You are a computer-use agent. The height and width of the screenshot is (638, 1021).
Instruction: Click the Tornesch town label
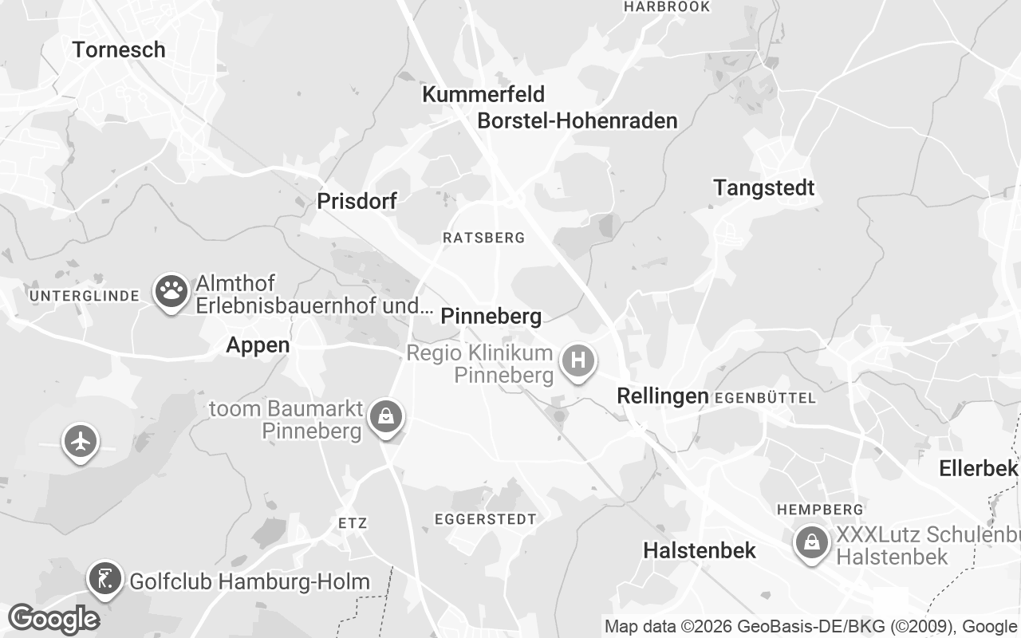119,49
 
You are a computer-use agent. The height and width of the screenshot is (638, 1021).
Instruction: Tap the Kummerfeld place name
483,94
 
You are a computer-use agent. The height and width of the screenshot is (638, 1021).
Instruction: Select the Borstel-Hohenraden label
578,120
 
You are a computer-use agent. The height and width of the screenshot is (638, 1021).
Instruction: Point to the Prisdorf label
357,201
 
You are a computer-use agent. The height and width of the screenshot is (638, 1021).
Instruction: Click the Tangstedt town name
764,188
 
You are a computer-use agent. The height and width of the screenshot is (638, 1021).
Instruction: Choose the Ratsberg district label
483,238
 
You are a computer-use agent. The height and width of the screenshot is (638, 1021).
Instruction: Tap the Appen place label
258,345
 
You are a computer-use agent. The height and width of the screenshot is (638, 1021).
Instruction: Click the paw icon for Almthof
171,292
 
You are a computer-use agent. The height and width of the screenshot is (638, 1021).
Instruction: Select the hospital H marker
578,360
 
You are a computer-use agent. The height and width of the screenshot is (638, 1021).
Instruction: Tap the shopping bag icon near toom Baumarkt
386,416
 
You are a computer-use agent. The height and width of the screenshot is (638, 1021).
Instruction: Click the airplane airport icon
81,440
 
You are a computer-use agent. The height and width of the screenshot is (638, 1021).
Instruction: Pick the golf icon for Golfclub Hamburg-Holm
105,578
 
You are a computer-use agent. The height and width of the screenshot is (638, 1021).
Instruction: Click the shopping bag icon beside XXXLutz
811,543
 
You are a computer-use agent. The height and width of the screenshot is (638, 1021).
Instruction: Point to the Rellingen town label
663,396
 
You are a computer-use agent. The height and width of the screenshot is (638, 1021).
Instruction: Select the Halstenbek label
700,550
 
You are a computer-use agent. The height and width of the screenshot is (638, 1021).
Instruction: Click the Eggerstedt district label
485,519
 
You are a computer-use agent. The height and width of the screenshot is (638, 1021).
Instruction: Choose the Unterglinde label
85,297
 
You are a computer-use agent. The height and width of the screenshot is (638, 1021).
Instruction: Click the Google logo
53,619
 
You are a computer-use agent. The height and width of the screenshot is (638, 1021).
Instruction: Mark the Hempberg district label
820,509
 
